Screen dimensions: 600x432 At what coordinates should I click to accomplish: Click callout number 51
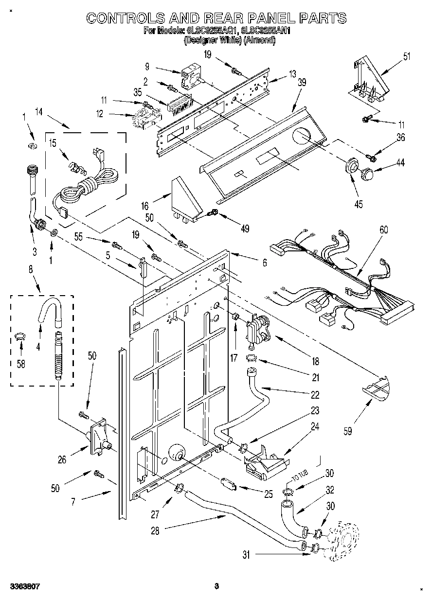tap(406, 56)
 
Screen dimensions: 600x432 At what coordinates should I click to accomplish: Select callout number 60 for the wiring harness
tap(384, 230)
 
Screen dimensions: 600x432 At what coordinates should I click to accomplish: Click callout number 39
tap(302, 83)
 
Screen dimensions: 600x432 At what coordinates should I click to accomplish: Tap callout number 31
tap(247, 554)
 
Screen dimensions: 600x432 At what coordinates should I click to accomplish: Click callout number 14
tap(38, 112)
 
